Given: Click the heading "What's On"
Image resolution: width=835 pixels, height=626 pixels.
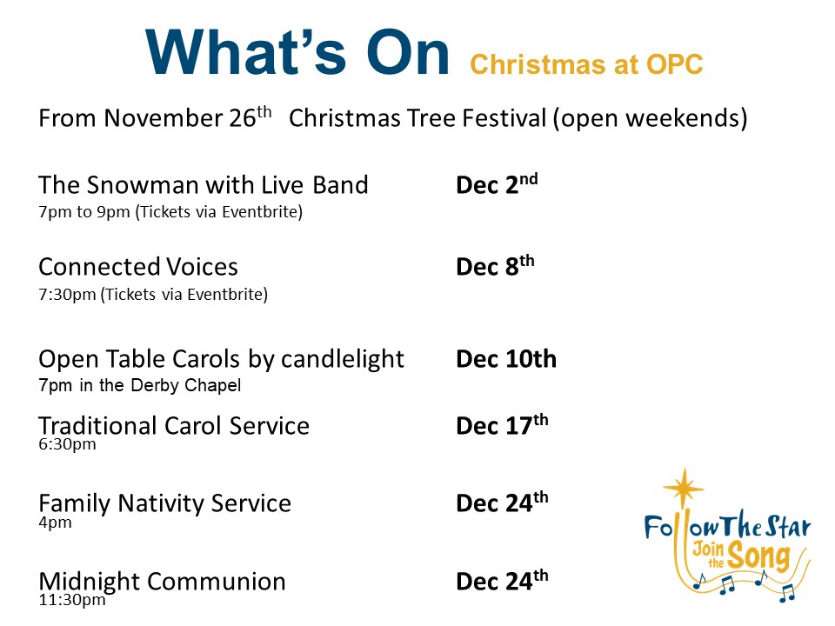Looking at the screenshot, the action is (297, 52).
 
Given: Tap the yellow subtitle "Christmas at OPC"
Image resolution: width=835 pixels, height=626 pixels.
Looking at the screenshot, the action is (586, 64).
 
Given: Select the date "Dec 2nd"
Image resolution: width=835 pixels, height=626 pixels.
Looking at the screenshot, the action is (497, 184).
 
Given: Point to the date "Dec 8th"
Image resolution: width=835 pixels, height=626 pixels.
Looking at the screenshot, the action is (495, 266).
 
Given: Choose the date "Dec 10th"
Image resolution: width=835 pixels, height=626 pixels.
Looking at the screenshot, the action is (506, 359).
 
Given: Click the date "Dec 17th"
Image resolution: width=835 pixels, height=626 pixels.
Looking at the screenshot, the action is (502, 425).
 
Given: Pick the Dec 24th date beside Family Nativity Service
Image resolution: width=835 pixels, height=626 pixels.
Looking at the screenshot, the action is (502, 503).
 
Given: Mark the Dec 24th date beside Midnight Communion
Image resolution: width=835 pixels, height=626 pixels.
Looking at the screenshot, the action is (502, 581).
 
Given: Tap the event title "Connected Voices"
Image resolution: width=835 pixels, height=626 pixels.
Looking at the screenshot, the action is (138, 267).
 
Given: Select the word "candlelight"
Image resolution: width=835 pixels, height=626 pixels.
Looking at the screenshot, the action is (343, 360).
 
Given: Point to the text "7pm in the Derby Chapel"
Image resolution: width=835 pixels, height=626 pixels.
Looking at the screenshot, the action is (139, 385).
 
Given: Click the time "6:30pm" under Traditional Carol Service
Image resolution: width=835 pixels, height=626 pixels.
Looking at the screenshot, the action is (67, 444).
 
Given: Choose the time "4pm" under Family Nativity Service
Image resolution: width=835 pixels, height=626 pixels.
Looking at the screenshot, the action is (55, 523).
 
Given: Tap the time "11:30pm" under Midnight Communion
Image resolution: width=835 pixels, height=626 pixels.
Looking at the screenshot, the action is (72, 600).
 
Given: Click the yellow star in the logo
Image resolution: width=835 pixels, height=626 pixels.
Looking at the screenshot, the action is (684, 487).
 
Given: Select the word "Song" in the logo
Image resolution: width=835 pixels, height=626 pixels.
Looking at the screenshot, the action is (758, 556).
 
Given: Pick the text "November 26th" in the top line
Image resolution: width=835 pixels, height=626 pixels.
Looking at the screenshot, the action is (188, 117).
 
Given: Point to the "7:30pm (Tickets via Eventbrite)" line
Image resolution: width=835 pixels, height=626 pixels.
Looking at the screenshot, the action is (153, 295).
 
